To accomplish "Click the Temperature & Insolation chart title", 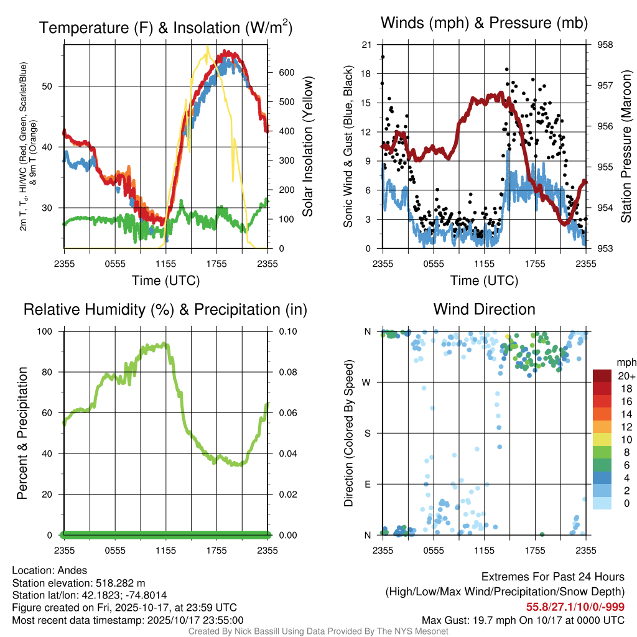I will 165,27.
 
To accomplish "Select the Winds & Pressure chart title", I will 484,23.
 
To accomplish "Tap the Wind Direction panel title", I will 484,309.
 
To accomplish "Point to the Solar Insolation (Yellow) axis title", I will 308,146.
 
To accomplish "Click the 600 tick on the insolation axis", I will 286,73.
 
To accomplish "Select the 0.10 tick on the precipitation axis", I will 286,331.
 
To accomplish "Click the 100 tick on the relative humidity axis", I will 47,331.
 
